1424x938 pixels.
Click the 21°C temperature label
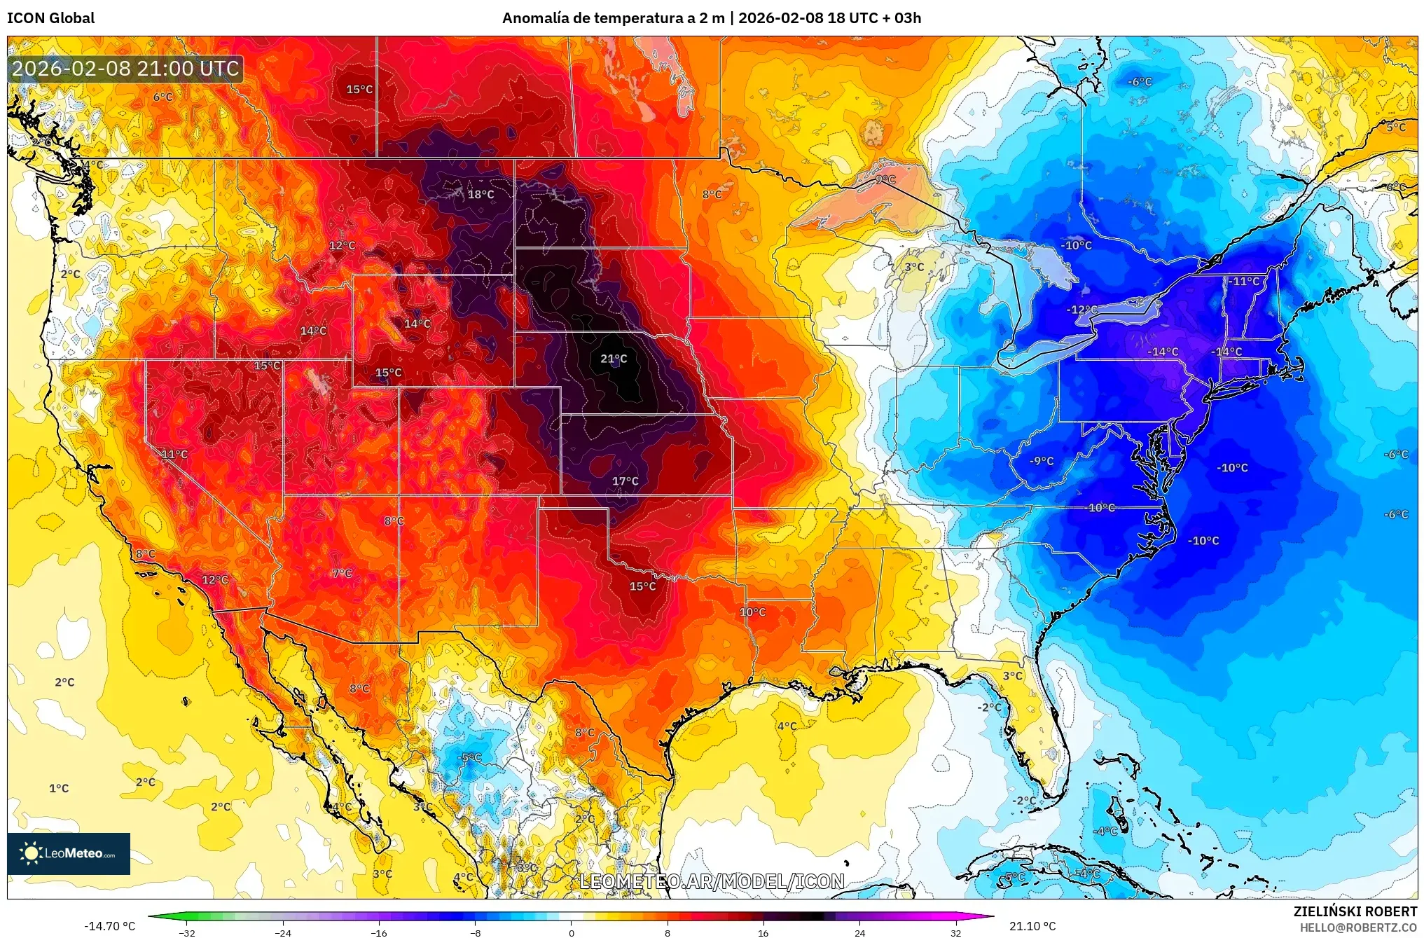pos(614,359)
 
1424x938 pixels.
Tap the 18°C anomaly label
pos(481,195)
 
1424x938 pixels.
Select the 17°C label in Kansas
pos(625,481)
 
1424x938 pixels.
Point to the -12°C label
pos(1081,310)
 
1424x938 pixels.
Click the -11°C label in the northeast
pos(1243,282)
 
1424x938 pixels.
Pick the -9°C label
pos(1042,461)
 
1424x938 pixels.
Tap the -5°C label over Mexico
pos(469,757)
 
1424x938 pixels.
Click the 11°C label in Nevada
pos(174,455)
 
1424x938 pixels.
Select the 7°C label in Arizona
pos(342,574)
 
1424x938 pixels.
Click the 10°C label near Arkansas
pos(752,612)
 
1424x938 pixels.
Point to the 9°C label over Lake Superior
pos(885,180)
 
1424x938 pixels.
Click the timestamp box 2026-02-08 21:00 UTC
pos(125,69)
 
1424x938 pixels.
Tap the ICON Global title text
pos(50,18)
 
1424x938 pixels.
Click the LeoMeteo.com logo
pos(69,853)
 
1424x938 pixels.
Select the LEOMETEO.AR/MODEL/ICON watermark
pos(712,881)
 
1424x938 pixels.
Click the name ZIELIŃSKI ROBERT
pos(1355,911)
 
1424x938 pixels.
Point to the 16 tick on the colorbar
pos(763,933)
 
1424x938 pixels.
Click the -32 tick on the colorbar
pos(186,933)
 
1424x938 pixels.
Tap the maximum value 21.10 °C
pos(1032,926)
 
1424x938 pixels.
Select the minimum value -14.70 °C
pos(109,926)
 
